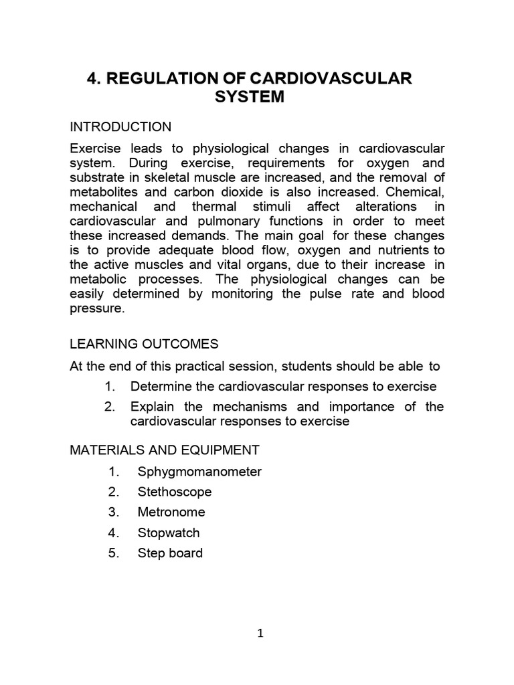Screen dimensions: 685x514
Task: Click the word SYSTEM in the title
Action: pos(250,97)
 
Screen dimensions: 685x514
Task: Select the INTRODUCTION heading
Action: pos(120,127)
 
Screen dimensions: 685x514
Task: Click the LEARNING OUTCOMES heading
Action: pos(144,344)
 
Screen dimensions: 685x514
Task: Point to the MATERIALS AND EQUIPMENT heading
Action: pos(165,449)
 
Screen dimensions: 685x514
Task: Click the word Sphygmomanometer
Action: pos(199,472)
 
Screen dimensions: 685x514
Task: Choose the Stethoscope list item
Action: pos(174,492)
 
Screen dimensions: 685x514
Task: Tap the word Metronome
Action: pos(171,512)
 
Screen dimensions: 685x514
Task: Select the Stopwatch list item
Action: pos(169,533)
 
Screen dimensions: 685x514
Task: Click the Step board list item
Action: pos(170,553)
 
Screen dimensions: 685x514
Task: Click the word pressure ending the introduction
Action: pos(97,309)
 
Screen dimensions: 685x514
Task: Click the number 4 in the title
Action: pos(93,79)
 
